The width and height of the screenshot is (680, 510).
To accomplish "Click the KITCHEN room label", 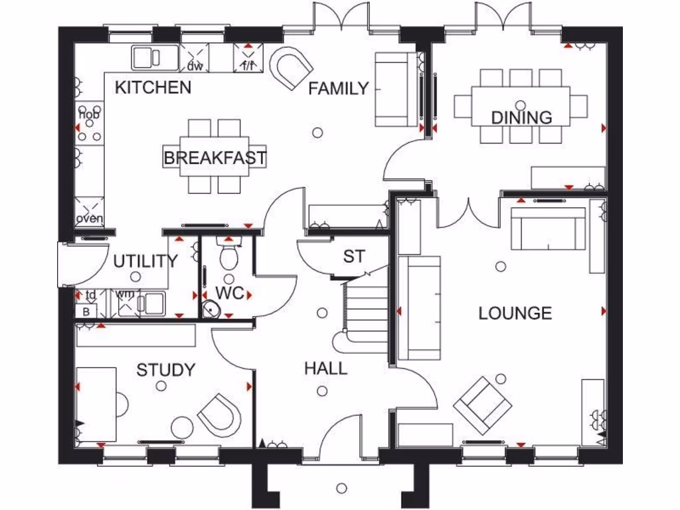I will [153, 87].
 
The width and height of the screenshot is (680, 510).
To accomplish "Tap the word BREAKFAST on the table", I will [214, 158].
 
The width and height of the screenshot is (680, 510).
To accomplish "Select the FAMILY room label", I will [338, 88].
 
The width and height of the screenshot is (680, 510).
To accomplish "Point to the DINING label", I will [521, 118].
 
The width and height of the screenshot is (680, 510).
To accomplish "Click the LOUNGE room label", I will [515, 313].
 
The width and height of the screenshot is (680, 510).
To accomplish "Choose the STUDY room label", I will [166, 370].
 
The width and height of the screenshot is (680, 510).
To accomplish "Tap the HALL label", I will [325, 368].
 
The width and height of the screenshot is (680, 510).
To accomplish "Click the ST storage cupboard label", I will [353, 256].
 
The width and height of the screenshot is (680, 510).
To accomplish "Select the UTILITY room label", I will [145, 261].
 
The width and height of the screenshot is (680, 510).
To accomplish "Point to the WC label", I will [230, 293].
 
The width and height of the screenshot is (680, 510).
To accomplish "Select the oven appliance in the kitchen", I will [89, 211].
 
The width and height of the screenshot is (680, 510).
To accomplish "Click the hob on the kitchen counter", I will [90, 124].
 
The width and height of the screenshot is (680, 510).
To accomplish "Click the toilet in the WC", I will [229, 254].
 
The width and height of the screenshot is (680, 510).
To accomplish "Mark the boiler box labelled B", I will [86, 311].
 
